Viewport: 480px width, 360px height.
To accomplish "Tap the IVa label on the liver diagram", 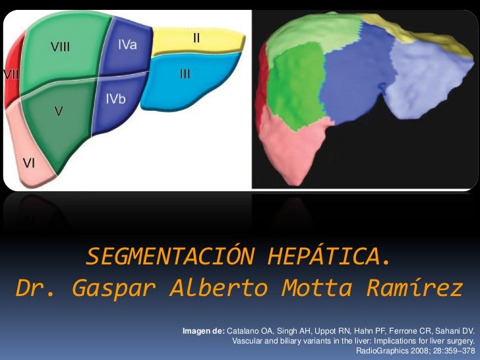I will (128, 44).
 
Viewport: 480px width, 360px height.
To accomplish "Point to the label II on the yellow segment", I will (196, 38).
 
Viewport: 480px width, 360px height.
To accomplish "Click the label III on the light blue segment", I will (185, 74).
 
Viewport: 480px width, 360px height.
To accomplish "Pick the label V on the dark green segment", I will (59, 112).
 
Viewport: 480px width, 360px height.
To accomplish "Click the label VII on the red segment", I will (11, 74).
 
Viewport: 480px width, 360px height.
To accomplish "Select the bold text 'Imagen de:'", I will (203, 329).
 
